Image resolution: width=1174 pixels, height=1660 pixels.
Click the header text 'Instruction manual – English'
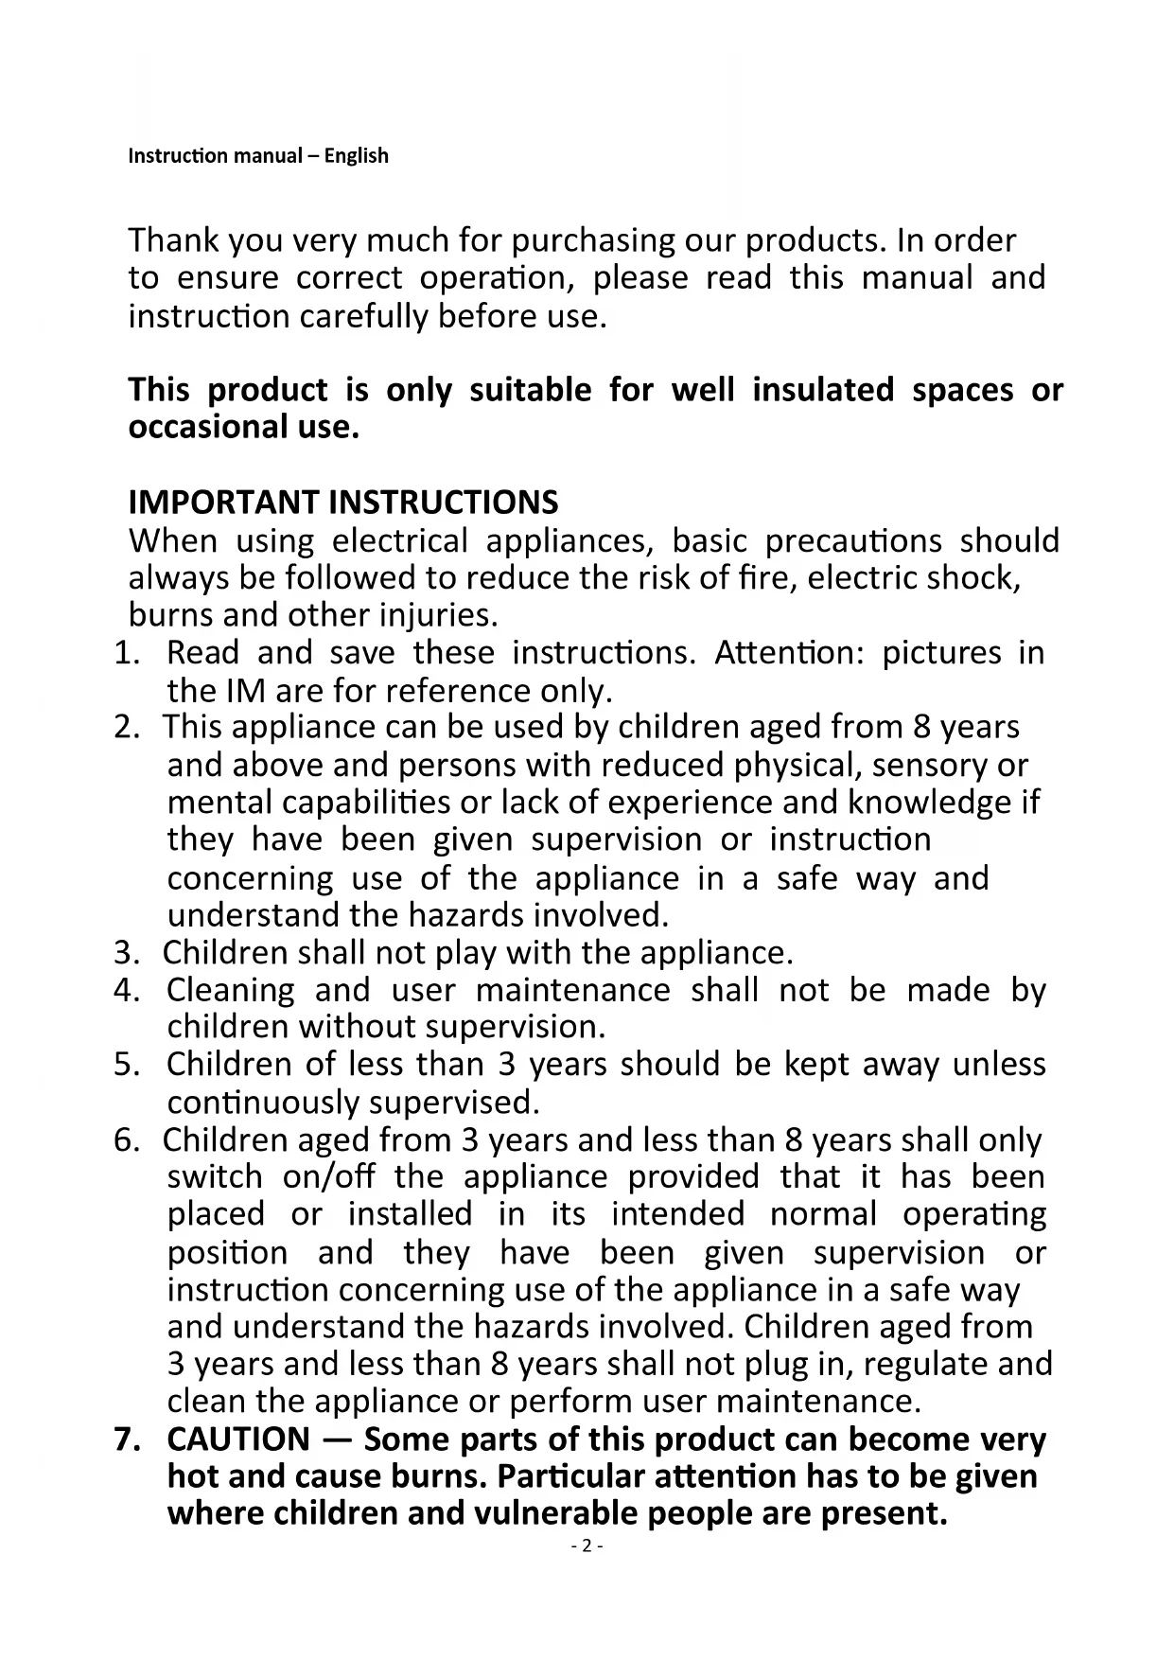(x=257, y=155)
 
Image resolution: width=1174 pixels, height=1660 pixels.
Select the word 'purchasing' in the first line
(x=594, y=241)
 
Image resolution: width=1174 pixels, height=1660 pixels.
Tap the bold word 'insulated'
(x=823, y=389)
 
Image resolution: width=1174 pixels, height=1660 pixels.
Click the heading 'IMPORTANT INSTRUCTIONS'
(x=342, y=502)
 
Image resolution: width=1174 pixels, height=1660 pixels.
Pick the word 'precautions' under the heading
(x=852, y=540)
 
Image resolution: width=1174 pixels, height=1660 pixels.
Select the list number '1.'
(x=127, y=653)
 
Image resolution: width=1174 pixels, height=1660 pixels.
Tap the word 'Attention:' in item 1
(x=788, y=653)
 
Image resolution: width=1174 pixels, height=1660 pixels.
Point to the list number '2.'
(x=127, y=728)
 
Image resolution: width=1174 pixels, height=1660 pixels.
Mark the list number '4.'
(x=127, y=990)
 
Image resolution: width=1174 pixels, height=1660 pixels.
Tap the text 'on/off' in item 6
(x=328, y=1177)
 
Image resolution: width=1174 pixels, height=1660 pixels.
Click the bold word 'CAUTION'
(x=237, y=1439)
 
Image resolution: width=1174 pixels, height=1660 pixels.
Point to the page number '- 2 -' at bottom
(x=587, y=1546)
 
